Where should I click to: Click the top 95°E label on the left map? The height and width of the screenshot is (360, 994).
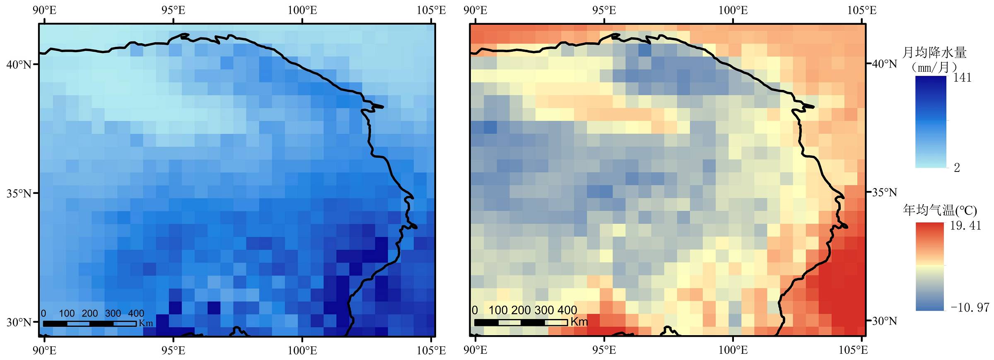click(173, 10)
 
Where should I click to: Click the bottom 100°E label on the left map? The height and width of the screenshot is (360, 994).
click(302, 350)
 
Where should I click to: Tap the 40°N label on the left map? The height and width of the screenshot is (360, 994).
click(19, 65)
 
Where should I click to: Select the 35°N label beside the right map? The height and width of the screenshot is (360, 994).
click(884, 193)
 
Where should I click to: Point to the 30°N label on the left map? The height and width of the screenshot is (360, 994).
click(19, 322)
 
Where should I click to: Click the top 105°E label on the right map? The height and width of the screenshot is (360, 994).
click(861, 10)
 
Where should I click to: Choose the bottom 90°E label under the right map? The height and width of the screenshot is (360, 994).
click(475, 350)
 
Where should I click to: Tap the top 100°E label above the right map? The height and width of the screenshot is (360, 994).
click(733, 10)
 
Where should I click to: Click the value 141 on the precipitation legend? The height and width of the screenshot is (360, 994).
click(962, 78)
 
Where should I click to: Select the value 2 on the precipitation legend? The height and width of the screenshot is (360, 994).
click(957, 168)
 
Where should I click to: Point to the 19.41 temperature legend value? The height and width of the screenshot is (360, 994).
click(965, 226)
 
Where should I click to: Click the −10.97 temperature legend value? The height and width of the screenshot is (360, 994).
click(970, 308)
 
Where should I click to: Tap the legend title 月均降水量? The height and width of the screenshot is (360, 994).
click(934, 53)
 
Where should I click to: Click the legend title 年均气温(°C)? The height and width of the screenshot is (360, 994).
click(939, 210)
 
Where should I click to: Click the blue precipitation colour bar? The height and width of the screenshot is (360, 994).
click(931, 122)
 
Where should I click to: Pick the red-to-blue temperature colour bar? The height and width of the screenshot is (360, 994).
click(930, 266)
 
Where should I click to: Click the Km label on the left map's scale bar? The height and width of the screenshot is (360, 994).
click(146, 323)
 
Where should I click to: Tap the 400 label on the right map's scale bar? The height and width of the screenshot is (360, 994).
click(567, 310)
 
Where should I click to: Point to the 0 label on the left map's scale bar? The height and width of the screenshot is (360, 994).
click(43, 314)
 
